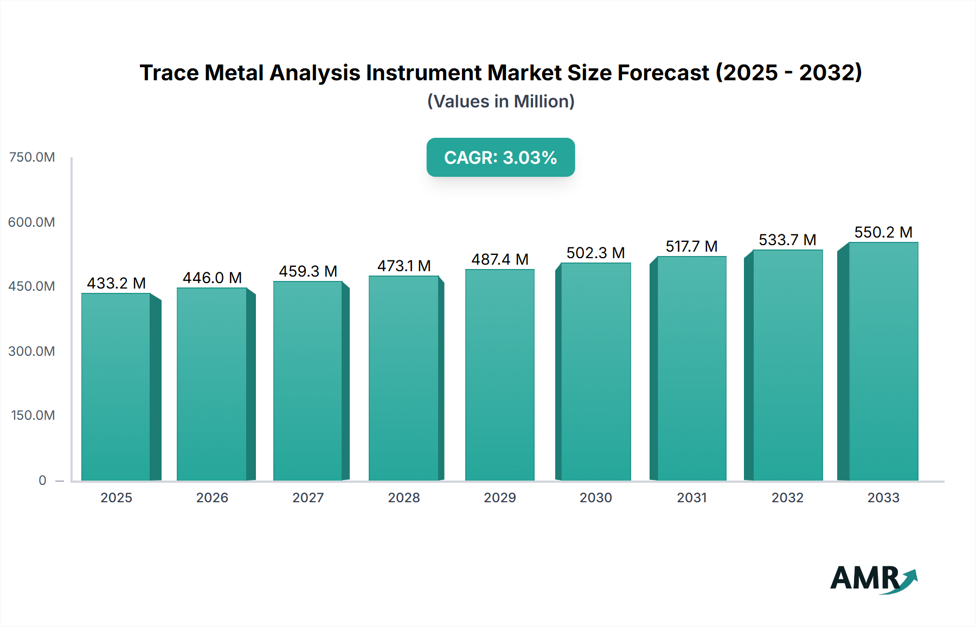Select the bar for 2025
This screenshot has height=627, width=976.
click(116, 386)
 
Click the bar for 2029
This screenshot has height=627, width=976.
click(499, 374)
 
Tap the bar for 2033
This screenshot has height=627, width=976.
click(883, 361)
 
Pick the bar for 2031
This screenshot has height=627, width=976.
click(691, 368)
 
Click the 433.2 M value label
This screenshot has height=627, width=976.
click(116, 283)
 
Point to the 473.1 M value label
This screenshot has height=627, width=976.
click(404, 266)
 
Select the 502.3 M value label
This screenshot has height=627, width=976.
click(595, 253)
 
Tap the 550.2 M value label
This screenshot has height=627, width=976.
click(883, 232)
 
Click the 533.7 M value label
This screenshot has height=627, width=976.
click(787, 240)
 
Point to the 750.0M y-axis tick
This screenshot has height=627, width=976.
click(32, 157)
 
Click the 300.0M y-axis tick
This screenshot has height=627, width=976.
click(32, 351)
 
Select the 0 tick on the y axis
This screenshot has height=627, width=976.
click(42, 480)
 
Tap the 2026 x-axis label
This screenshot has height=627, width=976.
click(212, 497)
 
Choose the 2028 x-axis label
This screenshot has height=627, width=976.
click(404, 497)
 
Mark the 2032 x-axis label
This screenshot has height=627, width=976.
click(787, 497)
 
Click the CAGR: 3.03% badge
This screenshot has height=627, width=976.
click(500, 157)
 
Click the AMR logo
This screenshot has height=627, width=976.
click(873, 579)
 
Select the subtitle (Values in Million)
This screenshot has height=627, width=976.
click(500, 101)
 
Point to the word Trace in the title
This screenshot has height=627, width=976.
click(169, 73)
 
